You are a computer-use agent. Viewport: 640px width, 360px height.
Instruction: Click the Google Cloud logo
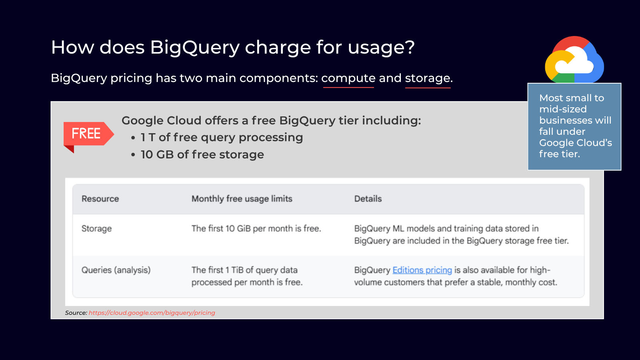574,60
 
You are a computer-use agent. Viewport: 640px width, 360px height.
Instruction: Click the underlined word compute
348,78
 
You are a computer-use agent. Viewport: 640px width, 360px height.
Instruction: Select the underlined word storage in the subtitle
428,78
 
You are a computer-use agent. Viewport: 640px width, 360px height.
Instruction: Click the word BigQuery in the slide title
194,48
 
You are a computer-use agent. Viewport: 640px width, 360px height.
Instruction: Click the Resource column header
100,198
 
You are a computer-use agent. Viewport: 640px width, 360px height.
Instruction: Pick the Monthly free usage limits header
242,198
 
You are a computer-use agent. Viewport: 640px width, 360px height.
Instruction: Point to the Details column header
368,198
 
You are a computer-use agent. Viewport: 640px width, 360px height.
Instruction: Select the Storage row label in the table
96,228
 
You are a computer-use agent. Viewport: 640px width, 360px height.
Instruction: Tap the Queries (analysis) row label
116,270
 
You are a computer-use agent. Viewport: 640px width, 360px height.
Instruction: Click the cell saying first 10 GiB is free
256,228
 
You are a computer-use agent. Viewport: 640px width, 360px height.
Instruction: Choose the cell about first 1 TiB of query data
247,276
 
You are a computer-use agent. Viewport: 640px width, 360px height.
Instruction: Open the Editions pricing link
422,270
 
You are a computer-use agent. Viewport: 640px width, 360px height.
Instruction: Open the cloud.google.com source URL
152,312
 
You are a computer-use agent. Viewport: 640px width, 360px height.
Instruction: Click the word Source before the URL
76,312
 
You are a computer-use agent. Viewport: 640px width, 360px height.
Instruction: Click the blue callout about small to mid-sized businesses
574,126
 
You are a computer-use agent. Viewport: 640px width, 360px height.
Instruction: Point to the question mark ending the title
410,47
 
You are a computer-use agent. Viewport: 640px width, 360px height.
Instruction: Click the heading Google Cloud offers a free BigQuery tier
271,120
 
